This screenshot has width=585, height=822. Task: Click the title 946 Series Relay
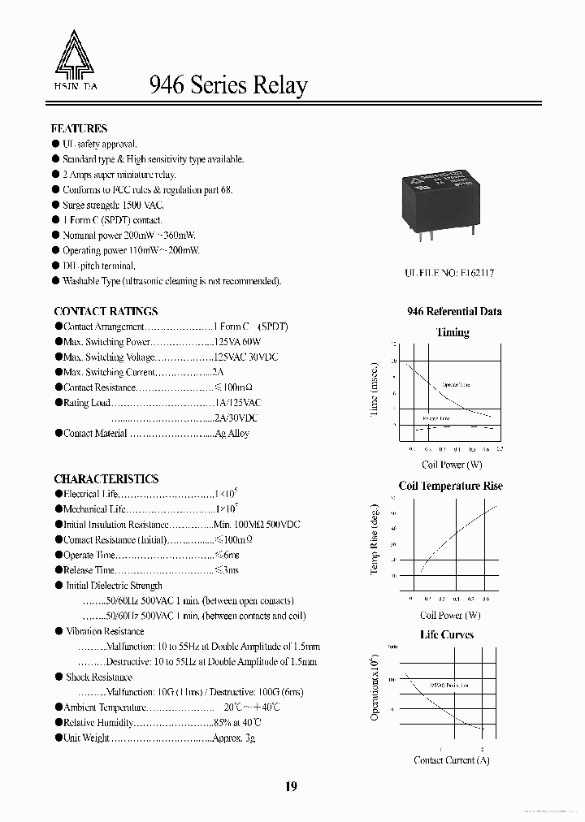point(228,85)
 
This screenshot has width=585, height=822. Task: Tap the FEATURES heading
point(79,128)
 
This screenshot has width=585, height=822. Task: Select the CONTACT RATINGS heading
point(106,311)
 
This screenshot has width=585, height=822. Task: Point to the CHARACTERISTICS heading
point(106,479)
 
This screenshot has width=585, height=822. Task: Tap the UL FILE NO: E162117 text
point(449,274)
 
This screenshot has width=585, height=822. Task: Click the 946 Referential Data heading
point(454,311)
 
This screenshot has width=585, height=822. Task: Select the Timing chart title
point(453,332)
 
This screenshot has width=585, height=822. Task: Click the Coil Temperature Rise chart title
point(450,486)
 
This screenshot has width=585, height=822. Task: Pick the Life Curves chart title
point(446,634)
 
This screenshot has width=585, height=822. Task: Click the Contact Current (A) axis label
point(452,760)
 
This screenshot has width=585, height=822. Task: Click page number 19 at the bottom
point(292,786)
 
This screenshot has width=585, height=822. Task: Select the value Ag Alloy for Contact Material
point(232,434)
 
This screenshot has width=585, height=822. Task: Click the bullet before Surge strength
point(56,205)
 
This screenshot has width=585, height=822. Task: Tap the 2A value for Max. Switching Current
point(218,372)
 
